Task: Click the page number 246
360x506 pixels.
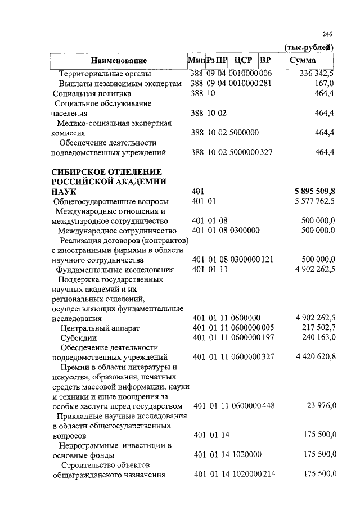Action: coord(329,35)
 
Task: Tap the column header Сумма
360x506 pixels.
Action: coord(303,60)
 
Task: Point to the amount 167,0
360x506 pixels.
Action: coord(326,83)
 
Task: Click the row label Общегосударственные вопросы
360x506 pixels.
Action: coord(110,201)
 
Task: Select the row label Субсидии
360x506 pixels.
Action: coord(78,338)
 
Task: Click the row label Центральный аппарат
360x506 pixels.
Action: coord(100,328)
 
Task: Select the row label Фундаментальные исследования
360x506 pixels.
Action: coord(114,270)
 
